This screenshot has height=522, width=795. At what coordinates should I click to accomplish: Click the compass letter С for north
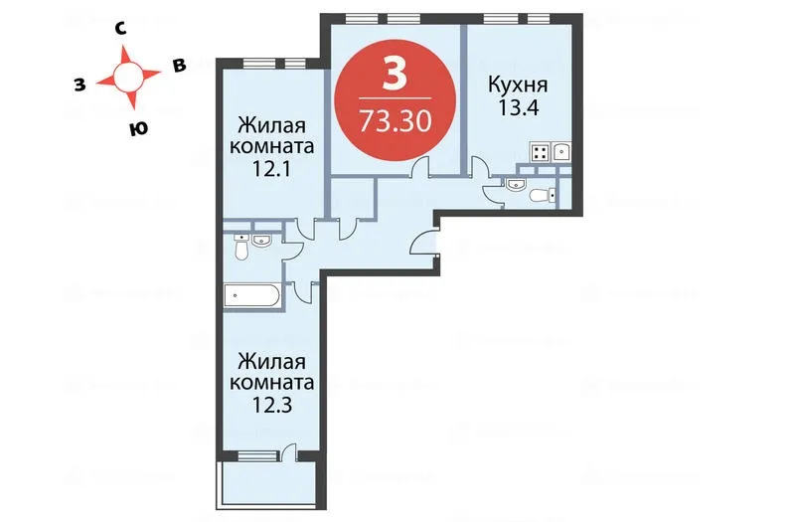[x=119, y=31]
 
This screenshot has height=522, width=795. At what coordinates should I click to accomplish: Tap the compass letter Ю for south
[x=134, y=126]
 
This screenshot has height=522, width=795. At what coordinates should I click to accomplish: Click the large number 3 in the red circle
[x=395, y=73]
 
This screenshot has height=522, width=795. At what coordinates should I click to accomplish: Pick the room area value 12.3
[x=271, y=404]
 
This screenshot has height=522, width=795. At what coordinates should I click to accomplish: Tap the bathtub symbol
[x=253, y=294]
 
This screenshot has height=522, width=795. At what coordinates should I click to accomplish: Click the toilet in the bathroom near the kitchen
[x=541, y=195]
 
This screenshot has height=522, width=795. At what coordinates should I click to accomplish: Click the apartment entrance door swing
[x=428, y=245]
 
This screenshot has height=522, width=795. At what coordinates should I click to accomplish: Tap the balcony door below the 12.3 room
[x=290, y=453]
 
